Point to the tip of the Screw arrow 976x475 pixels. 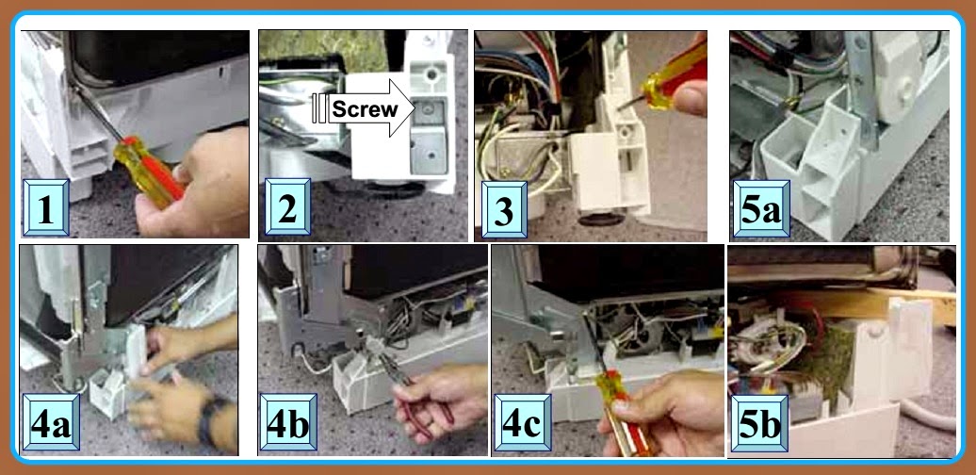pos(413,109)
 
